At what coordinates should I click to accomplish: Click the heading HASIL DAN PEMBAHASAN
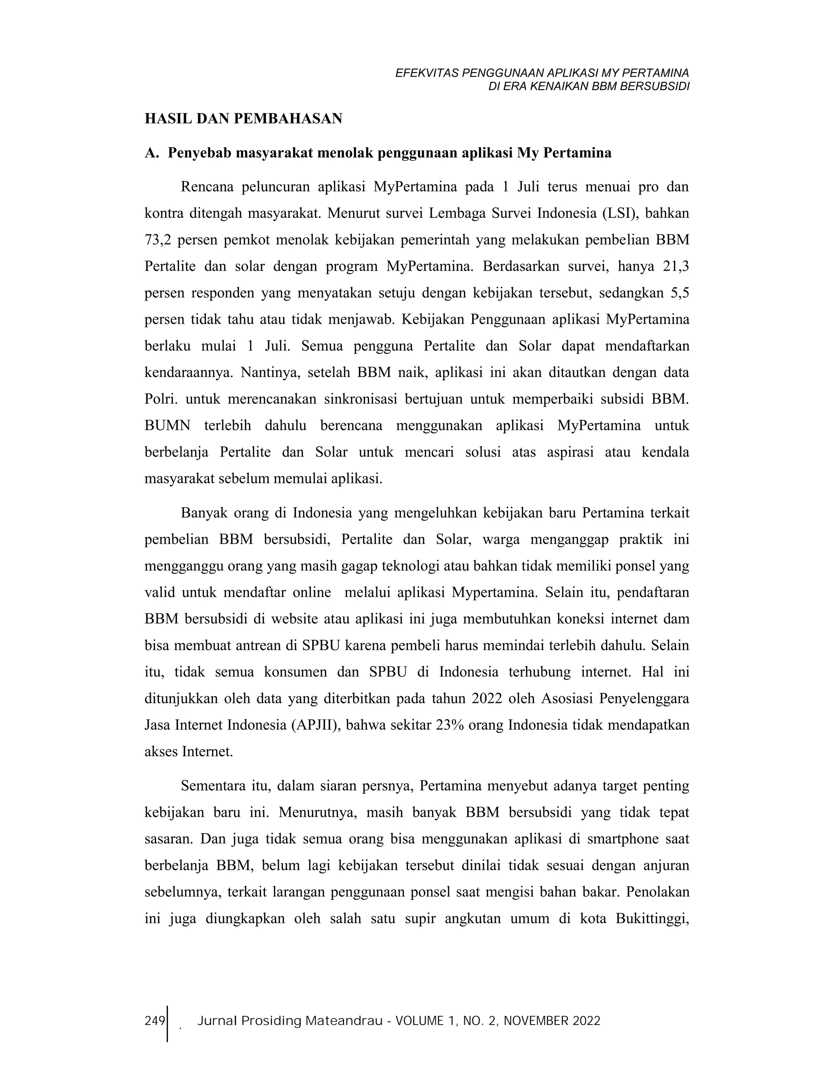point(243,119)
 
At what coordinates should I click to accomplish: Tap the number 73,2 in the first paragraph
point(157,240)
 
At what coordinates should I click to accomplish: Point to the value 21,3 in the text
point(675,267)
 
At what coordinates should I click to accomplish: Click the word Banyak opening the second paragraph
point(204,513)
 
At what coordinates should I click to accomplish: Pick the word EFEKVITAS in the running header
point(427,73)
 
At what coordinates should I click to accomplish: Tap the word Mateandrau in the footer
point(344,1021)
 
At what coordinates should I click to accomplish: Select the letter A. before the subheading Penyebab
point(152,153)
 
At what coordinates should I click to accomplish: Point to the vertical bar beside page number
point(168,1024)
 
